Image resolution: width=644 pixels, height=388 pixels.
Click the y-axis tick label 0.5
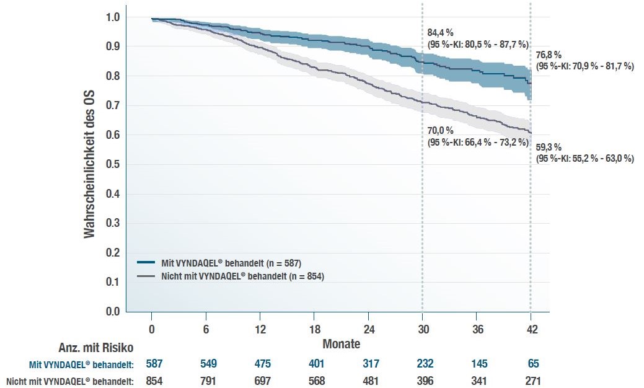pos(112,164)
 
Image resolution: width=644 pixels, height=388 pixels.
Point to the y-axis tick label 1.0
pos(112,17)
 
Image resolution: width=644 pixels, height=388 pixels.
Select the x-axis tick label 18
pos(315,329)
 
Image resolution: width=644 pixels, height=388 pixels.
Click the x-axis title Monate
pos(341,343)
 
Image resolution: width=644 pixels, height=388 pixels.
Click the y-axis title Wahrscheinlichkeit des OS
pos(90,164)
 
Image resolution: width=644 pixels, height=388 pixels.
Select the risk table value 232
pos(425,364)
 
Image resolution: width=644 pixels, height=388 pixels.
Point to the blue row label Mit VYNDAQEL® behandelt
pos(82,364)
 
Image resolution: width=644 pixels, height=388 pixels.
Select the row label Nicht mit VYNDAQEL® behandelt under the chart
pos(70,381)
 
